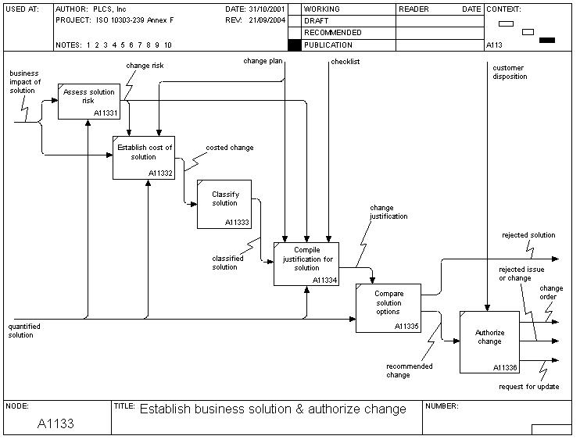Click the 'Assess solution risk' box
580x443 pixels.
(89, 101)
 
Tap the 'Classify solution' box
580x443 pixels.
(224, 204)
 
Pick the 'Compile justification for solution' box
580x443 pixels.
(306, 263)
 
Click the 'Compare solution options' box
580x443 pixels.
(388, 308)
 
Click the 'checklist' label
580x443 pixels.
(345, 60)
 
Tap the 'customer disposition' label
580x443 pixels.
(510, 73)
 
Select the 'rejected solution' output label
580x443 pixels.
(528, 235)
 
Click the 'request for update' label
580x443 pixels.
(528, 387)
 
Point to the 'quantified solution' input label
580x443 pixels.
(24, 330)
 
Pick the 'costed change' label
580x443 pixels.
(229, 148)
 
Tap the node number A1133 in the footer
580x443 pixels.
(55, 423)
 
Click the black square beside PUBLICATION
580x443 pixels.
(294, 45)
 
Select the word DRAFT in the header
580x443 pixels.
(317, 21)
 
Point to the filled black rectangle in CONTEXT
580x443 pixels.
(547, 40)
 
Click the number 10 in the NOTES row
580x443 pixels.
(168, 45)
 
